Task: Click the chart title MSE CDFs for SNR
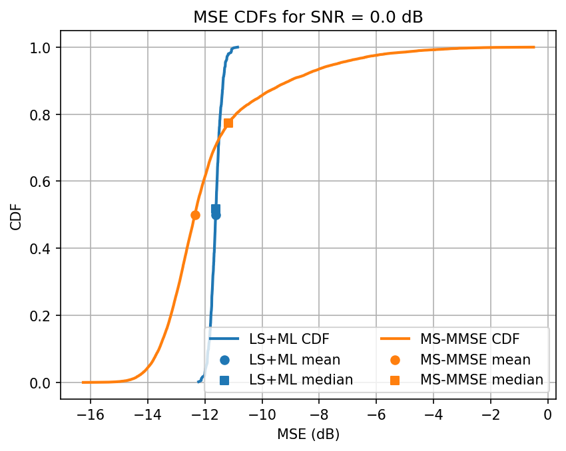(x=308, y=18)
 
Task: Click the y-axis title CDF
(x=16, y=215)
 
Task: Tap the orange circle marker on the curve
(x=195, y=215)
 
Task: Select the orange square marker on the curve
(x=228, y=123)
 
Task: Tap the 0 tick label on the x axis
(x=548, y=415)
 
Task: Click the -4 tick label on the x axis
(x=433, y=415)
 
